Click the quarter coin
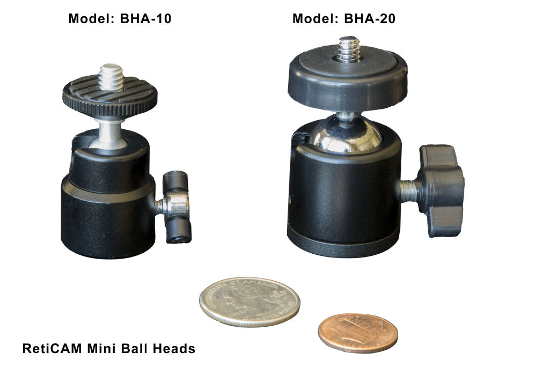pyautogui.click(x=249, y=302)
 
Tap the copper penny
pyautogui.click(x=358, y=333)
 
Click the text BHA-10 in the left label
pyautogui.click(x=145, y=18)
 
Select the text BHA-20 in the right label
pyautogui.click(x=370, y=18)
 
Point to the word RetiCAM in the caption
pyautogui.click(x=52, y=348)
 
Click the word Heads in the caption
pyautogui.click(x=174, y=348)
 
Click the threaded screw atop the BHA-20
pyautogui.click(x=348, y=49)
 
